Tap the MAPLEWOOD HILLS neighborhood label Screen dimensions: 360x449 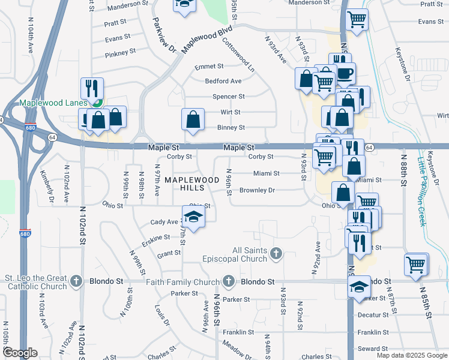click(192, 184)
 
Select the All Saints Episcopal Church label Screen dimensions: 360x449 click(250, 254)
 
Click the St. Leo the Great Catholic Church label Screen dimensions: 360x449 click(35, 281)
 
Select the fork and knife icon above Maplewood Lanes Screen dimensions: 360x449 click(92, 88)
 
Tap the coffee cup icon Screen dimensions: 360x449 click(344, 73)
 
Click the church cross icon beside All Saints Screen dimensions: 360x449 click(276, 253)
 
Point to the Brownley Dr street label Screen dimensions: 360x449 click(257, 190)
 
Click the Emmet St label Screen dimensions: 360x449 click(209, 66)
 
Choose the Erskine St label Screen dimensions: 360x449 click(158, 238)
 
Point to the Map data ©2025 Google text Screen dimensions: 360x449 click(411, 355)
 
